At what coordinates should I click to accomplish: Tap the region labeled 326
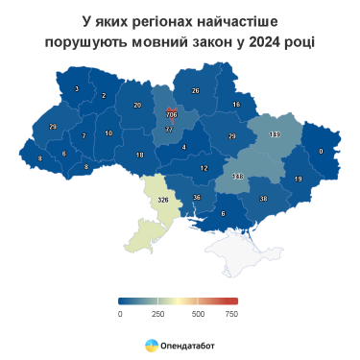coord(162,200)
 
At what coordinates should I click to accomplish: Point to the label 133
coord(275,134)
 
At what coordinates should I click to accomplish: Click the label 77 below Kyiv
coord(170,129)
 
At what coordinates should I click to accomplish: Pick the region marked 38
coord(263,199)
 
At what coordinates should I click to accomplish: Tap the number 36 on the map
coord(197,198)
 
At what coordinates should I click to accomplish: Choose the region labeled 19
coord(299,179)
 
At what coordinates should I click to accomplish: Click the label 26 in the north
coord(195,91)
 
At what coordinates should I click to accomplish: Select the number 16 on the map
coord(236,105)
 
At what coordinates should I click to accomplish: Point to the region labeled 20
coord(137,105)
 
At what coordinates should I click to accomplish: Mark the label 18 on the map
coord(139,156)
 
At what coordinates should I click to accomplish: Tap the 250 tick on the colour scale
coord(159,313)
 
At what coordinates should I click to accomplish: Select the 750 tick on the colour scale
coord(230,313)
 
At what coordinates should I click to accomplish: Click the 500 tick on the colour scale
coord(198,313)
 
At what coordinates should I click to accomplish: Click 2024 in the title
coord(266,41)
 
